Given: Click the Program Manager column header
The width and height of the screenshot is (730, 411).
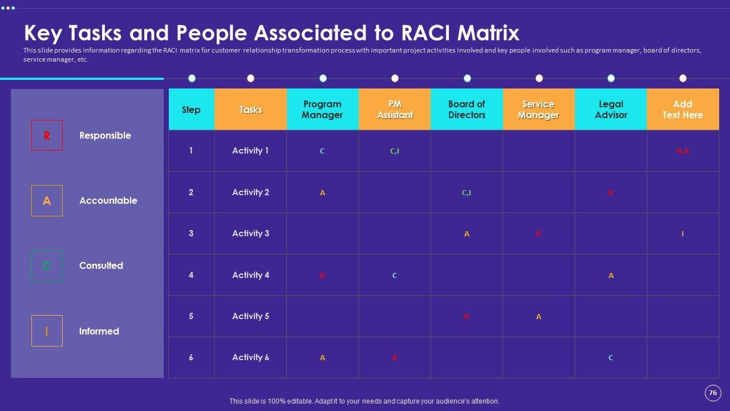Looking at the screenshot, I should pos(322,110).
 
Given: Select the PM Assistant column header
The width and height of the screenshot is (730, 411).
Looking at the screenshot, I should pos(395,110).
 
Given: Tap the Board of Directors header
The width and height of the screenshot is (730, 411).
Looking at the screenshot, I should pos(467,110).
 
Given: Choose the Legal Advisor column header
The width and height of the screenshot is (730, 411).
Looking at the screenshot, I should pos(611,110).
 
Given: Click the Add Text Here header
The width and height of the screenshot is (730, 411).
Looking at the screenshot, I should pos(683,110).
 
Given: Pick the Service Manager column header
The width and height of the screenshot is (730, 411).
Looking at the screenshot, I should pos(538,110).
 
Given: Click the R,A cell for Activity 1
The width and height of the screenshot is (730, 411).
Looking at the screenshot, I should pos(683,151).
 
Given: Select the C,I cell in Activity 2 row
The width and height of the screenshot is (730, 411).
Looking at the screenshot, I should pos(467,193).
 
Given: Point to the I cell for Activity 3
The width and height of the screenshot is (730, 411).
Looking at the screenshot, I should pos(683,234).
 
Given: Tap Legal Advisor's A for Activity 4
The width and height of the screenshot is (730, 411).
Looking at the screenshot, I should pos(611,276).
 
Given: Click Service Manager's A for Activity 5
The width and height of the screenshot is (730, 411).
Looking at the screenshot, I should pos(538,317).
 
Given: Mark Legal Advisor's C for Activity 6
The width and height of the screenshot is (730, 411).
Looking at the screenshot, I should pos(611,358).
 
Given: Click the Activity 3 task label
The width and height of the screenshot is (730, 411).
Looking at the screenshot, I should pos(250,233).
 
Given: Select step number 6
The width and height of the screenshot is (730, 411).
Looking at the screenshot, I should pos(191,357).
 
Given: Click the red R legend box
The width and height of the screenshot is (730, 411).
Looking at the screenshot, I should pos(47,135).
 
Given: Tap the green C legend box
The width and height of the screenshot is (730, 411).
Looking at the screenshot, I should pos(47,266).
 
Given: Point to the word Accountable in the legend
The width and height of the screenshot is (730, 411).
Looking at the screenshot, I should pos(108,200).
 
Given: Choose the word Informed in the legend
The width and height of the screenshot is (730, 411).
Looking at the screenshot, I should pos(99,331).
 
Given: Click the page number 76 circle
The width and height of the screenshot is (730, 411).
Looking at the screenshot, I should pos(713,393).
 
